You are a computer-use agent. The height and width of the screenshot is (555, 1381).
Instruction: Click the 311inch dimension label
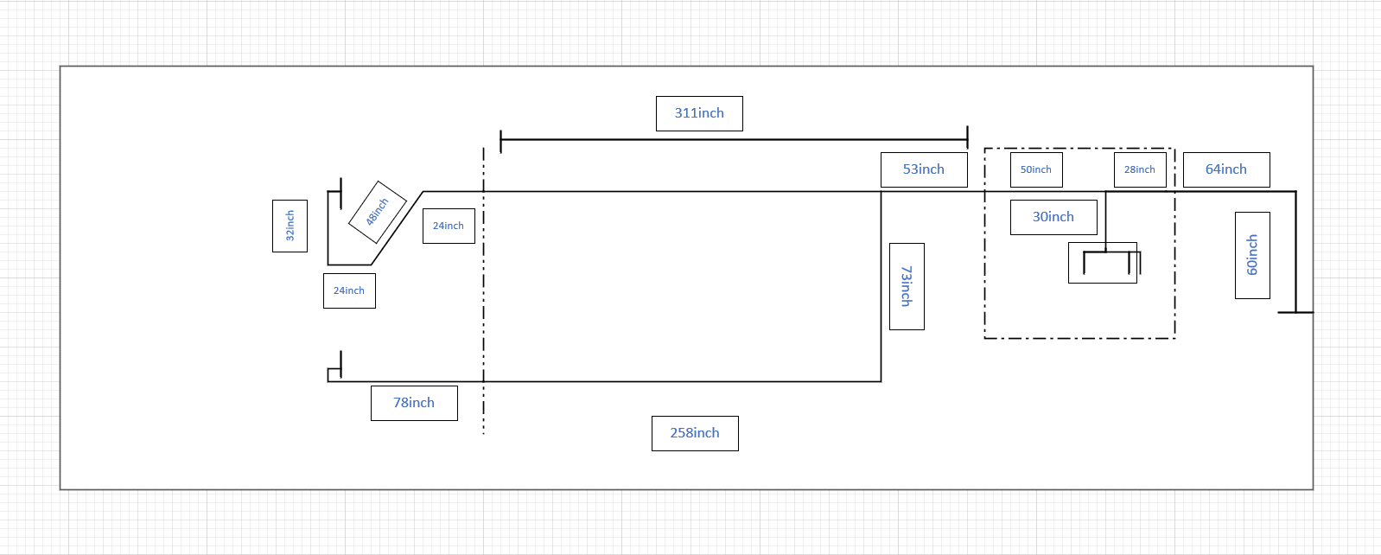point(699,113)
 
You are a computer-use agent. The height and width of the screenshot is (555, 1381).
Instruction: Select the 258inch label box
point(695,433)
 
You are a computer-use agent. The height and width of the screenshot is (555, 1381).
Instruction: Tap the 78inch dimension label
point(414,404)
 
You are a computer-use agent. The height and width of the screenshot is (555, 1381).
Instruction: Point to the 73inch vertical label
point(907,287)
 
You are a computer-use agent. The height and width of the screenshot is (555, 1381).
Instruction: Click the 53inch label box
point(924,169)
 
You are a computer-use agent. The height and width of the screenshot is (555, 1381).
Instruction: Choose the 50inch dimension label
point(1036,169)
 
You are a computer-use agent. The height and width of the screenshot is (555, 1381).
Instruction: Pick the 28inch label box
point(1140,169)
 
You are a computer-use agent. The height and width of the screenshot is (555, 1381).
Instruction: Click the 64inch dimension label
point(1226,169)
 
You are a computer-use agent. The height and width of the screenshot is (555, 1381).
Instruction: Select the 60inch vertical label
point(1253,255)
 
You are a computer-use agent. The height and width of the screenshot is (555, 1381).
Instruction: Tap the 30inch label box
point(1053,217)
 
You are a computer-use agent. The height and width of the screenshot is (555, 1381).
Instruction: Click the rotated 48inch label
point(378,212)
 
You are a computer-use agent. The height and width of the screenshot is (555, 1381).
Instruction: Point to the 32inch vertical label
point(290,226)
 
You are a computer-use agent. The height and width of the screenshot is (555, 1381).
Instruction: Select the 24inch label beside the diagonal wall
point(449,226)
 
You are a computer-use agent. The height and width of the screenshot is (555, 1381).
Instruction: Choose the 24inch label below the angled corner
point(349,290)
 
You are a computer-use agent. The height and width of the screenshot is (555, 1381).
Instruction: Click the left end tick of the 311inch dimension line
point(500,141)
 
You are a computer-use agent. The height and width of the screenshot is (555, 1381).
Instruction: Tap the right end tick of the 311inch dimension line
point(967,137)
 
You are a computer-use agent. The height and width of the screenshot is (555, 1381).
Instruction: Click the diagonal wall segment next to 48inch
point(397,228)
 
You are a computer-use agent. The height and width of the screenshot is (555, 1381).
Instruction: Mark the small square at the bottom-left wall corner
point(334,375)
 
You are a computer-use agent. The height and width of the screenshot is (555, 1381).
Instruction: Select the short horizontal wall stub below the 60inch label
point(1295,313)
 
